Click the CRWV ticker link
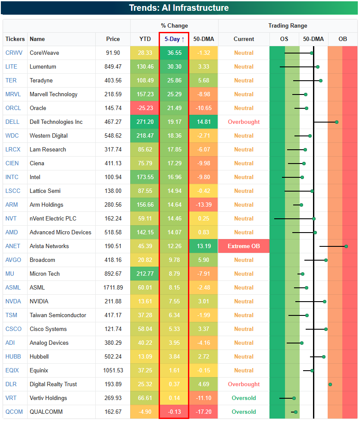pos(14,53)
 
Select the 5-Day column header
pos(174,39)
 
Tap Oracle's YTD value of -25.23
pos(145,108)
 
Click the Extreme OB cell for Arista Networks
pos(244,246)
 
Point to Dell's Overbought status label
pos(244,122)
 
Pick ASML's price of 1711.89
pos(113,287)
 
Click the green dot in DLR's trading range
pos(330,384)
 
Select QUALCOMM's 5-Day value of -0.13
pos(174,412)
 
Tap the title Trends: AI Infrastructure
pos(179,8)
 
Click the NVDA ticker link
pos(13,301)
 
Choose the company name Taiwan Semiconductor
pos(58,315)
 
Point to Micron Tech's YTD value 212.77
pos(145,274)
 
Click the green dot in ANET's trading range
pos(346,246)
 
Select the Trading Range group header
pos(288,25)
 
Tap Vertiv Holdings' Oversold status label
pos(244,398)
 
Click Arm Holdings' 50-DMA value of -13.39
pos(203,205)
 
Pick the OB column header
pos(342,39)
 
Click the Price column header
pos(113,39)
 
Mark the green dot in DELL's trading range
pos(337,122)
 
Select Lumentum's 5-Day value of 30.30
pos(174,66)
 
